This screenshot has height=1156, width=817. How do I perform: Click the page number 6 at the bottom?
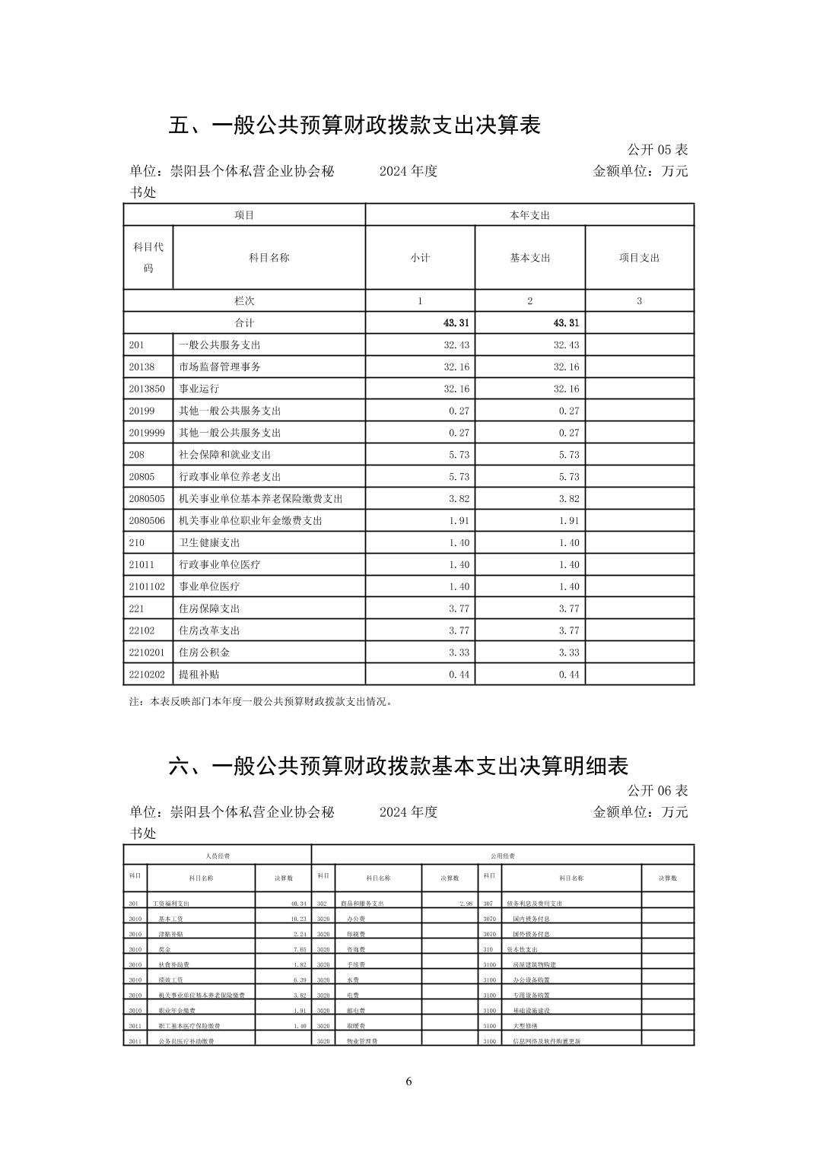coord(408,1081)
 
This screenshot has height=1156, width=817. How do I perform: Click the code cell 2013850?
coord(145,389)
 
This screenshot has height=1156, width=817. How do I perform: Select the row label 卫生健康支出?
coord(209,542)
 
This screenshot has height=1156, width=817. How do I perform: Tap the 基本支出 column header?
coord(529,258)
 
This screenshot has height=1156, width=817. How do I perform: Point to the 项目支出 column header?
coord(639,258)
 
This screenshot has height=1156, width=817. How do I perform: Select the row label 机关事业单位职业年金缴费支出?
coord(250,520)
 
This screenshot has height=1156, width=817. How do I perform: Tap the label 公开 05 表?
coord(657,149)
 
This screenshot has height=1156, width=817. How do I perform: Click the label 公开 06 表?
coord(657,790)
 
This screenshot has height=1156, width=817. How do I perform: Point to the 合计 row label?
coord(244,322)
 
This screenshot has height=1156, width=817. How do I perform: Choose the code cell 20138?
coord(141,367)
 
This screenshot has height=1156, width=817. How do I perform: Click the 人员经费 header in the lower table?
coord(218,856)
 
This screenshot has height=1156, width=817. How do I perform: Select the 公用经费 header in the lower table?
coord(502,856)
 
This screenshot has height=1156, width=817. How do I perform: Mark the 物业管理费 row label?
coord(362,1041)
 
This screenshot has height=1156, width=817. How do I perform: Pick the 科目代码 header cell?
coord(148,258)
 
